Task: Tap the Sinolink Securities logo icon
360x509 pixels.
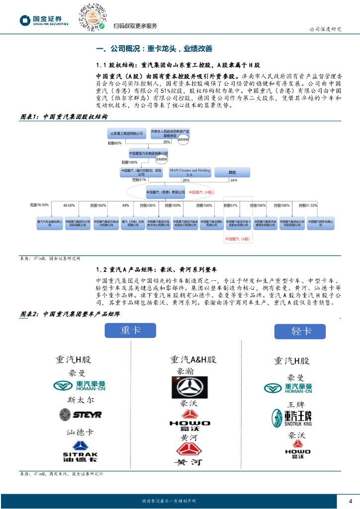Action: (25, 20)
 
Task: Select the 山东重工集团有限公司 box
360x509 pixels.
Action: (126, 133)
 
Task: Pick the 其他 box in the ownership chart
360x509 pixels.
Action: (232, 172)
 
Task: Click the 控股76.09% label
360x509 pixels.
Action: (39, 205)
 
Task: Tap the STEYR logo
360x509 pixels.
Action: (80, 414)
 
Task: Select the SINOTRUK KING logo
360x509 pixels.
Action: (292, 419)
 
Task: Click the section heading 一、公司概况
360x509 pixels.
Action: (154, 49)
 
